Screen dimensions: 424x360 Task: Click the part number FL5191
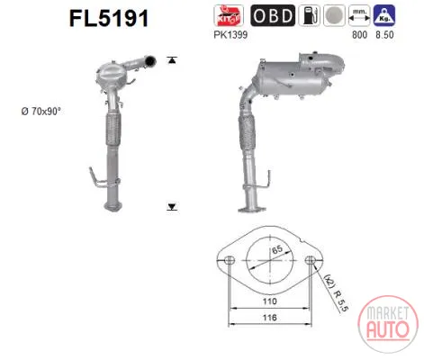click(109, 18)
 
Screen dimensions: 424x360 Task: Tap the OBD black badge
click(273, 15)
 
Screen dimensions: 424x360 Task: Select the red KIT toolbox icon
click(229, 15)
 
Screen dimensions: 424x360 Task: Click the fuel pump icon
click(309, 15)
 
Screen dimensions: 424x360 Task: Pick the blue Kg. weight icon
click(384, 15)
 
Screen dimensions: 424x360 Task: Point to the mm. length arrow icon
click(359, 15)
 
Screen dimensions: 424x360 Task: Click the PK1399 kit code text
click(230, 35)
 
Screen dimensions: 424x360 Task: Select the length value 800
click(359, 35)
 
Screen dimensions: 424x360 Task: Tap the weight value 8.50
click(384, 35)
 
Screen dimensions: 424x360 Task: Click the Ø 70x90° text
click(41, 112)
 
